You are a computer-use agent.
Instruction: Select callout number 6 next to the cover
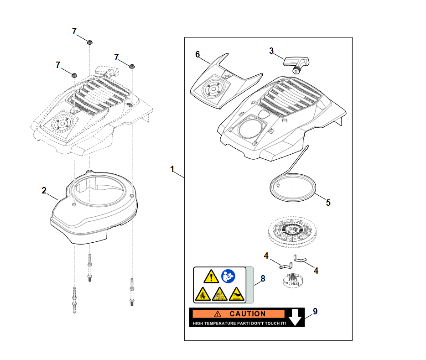point(197,54)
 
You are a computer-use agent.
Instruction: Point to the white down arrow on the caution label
point(296,317)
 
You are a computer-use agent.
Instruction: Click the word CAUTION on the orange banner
point(247,314)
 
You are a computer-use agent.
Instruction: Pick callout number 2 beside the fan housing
point(44,190)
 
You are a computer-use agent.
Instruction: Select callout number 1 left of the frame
point(172,169)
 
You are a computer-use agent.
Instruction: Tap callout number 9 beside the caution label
point(315,312)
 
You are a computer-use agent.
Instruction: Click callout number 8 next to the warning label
point(263,278)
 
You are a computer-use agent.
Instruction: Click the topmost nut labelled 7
point(90,42)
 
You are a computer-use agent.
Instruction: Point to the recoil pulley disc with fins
point(291,232)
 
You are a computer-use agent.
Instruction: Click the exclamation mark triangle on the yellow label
point(211,276)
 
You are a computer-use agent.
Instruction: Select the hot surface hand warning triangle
point(236,294)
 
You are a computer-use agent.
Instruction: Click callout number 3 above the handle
point(271,51)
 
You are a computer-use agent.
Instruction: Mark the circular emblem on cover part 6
point(211,89)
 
